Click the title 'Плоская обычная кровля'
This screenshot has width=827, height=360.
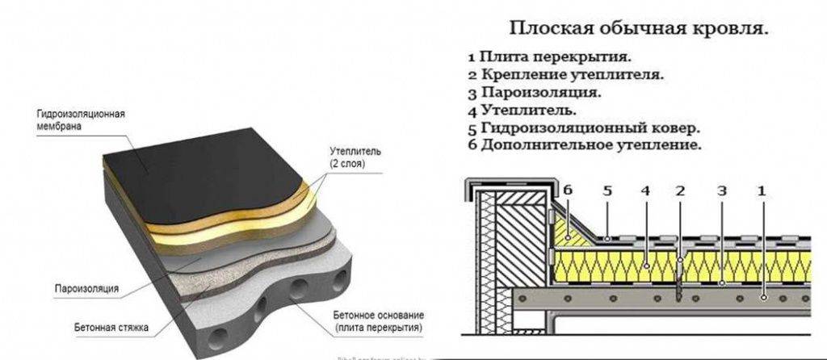639,29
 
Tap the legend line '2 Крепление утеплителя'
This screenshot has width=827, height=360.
565,75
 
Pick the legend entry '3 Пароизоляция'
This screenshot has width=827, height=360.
534,93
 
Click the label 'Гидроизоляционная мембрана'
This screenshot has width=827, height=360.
79,120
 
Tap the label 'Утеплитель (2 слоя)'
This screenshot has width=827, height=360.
349,157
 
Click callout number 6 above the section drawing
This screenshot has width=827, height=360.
568,190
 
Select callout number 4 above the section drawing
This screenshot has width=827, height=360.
645,190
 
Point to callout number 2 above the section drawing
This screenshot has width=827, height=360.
680,190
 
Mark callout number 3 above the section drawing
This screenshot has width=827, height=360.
721,190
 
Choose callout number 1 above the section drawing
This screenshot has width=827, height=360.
759,190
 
